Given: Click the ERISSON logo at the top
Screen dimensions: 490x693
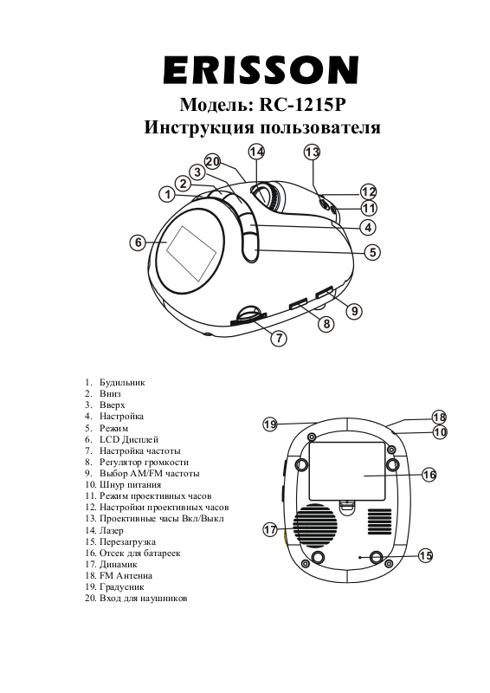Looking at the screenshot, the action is tap(261, 70).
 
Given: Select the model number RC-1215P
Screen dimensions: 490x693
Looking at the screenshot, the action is tap(302, 105).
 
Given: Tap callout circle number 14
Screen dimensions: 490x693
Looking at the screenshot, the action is tap(256, 152).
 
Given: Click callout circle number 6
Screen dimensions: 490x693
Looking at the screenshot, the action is tap(139, 243).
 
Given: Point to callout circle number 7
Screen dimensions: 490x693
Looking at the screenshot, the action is tap(279, 338).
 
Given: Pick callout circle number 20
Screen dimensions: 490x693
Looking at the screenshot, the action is tap(212, 161).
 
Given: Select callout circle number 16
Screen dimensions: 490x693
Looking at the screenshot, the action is tap(429, 475).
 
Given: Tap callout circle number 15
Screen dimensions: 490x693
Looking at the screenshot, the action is tap(425, 555).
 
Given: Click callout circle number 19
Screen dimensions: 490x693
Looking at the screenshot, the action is tap(270, 424).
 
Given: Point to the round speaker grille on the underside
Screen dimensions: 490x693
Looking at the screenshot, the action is tap(314, 526).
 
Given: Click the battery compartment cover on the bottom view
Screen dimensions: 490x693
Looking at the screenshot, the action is tap(347, 471).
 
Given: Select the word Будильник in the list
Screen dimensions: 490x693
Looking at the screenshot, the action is tap(122, 382).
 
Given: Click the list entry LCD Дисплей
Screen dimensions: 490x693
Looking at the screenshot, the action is tap(129, 439).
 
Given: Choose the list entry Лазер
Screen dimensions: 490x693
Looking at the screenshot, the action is tap(112, 530).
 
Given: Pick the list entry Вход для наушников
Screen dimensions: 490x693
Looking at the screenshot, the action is tap(143, 599).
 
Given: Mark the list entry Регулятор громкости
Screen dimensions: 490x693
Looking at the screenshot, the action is tap(144, 463).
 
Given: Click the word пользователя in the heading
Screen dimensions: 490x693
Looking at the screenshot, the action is tap(320, 127).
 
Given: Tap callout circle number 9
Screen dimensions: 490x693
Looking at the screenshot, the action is tap(354, 311).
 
